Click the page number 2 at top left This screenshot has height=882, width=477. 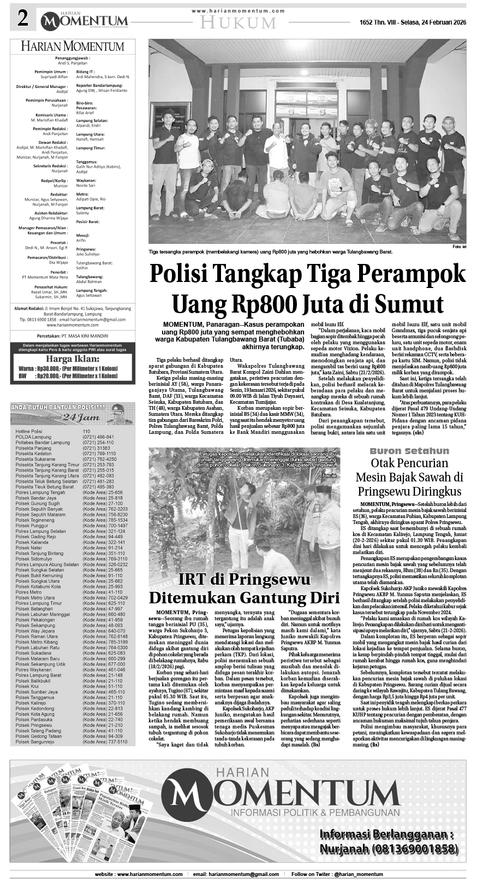point(22,19)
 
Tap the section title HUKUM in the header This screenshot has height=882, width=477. point(238,22)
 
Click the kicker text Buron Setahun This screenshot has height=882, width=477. point(409,451)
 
